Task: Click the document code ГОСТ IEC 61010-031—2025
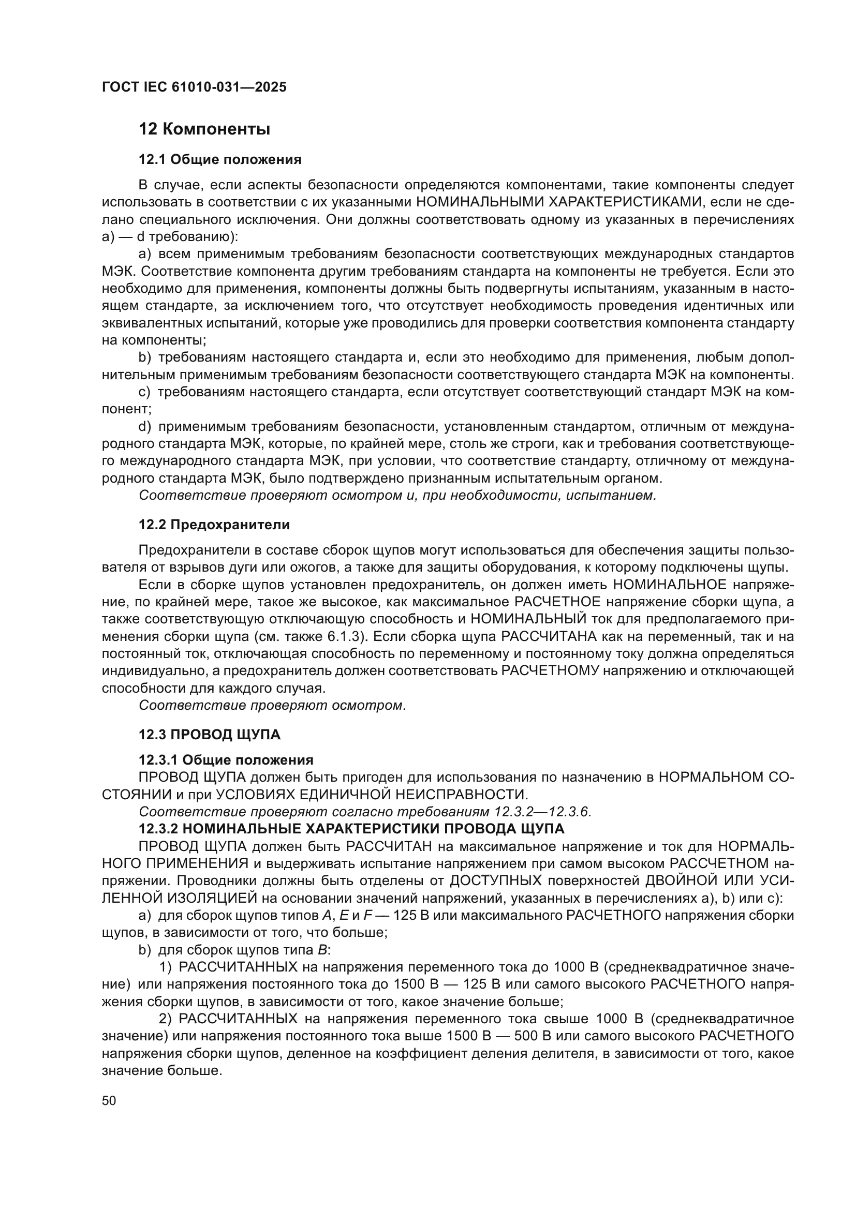(x=194, y=87)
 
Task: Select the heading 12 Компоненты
(x=204, y=129)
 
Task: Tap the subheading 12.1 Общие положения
(x=220, y=160)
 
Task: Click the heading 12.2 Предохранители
(x=214, y=525)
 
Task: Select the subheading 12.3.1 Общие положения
(x=226, y=760)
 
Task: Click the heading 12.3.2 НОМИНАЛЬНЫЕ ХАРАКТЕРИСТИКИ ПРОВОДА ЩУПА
(x=351, y=829)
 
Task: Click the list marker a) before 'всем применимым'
(x=144, y=254)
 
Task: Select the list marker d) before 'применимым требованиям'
(x=144, y=426)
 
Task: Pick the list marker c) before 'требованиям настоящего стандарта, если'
(x=144, y=392)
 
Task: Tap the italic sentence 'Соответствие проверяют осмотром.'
(x=272, y=706)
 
